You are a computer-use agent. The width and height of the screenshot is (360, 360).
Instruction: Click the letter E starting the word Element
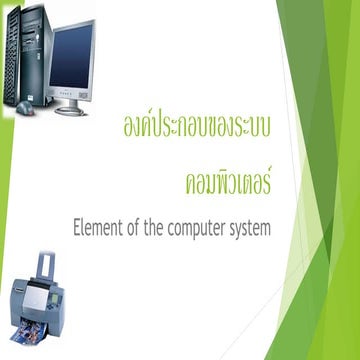(77, 228)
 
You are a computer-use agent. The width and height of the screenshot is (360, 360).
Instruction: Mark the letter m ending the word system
(265, 229)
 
